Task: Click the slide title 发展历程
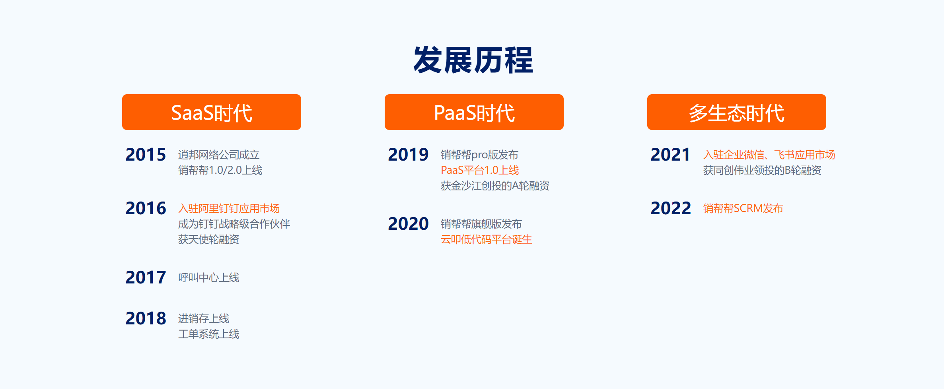(473, 60)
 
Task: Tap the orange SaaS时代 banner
(212, 112)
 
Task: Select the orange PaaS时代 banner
(474, 112)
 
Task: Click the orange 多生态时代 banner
(737, 112)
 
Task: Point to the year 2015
(146, 155)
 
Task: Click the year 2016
(146, 208)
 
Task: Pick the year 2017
(146, 277)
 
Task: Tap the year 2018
(146, 318)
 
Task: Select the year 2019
(408, 155)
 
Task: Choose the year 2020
(408, 224)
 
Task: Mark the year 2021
(671, 155)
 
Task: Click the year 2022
(671, 208)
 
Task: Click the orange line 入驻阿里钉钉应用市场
(229, 208)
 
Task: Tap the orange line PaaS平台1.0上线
(480, 170)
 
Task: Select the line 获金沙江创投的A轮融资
(495, 186)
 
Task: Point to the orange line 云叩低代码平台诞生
(486, 239)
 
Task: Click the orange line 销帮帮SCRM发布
(743, 208)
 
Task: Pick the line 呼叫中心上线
(209, 277)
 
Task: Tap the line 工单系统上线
(209, 334)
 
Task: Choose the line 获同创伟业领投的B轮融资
(762, 170)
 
